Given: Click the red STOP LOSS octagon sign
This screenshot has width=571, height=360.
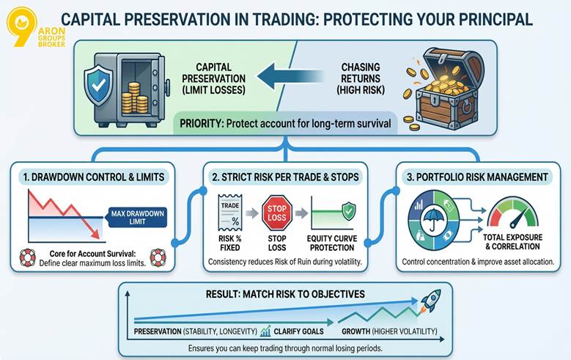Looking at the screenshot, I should click(x=277, y=211).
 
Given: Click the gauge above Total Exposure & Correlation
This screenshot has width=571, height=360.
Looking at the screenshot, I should click(x=512, y=213).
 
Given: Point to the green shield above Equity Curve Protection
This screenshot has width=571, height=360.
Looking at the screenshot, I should click(x=349, y=209).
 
